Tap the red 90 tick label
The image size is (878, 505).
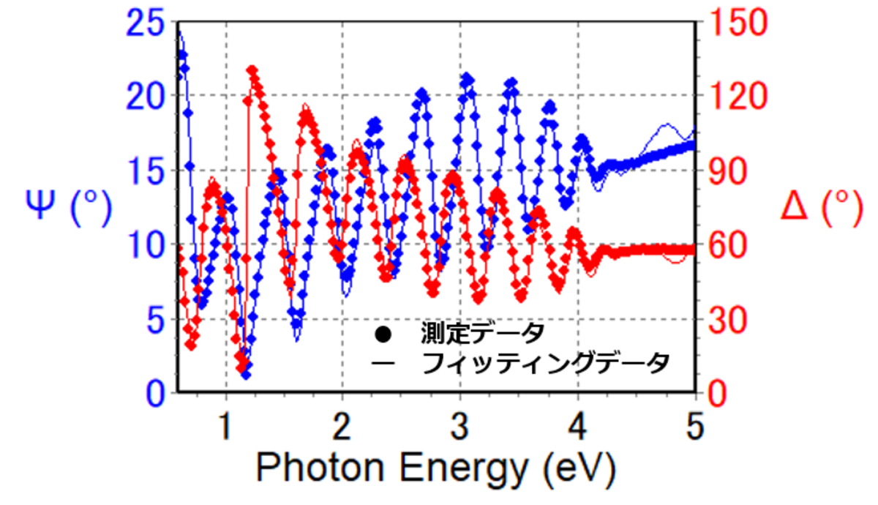tap(724, 171)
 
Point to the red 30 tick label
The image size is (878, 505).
tap(724, 319)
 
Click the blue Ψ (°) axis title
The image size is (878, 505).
tap(69, 208)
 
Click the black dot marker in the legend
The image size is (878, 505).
tap(383, 335)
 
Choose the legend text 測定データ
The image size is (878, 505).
tap(482, 334)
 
